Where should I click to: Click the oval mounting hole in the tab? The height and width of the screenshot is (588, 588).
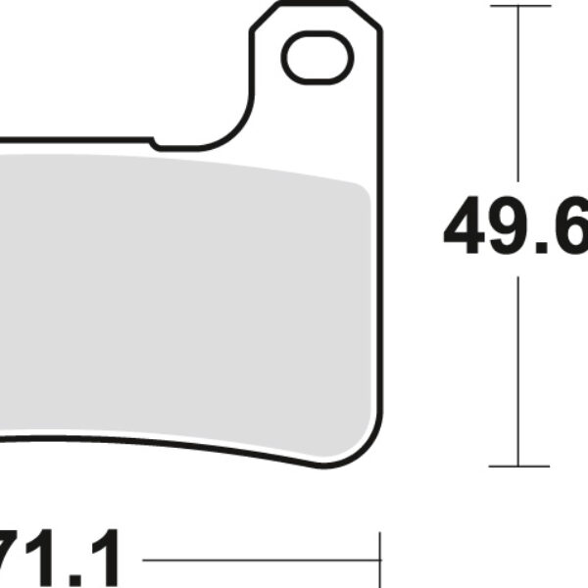click(x=316, y=58)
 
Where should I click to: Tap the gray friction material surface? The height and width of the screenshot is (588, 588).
click(x=186, y=294)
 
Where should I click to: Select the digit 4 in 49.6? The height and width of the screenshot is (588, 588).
click(x=467, y=227)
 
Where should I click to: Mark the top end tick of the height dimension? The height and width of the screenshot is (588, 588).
click(x=517, y=6)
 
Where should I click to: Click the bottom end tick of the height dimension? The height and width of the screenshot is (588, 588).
click(x=517, y=465)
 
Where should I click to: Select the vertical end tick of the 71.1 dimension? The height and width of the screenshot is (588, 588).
click(x=378, y=562)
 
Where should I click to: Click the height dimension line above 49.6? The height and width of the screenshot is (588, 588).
click(x=517, y=98)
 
